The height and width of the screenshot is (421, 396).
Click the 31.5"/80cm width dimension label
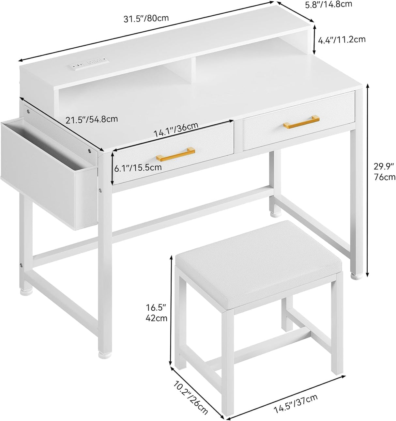point(146,19)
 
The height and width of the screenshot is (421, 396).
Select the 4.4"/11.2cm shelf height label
point(342,39)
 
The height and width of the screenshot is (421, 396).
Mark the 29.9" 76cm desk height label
point(384,172)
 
